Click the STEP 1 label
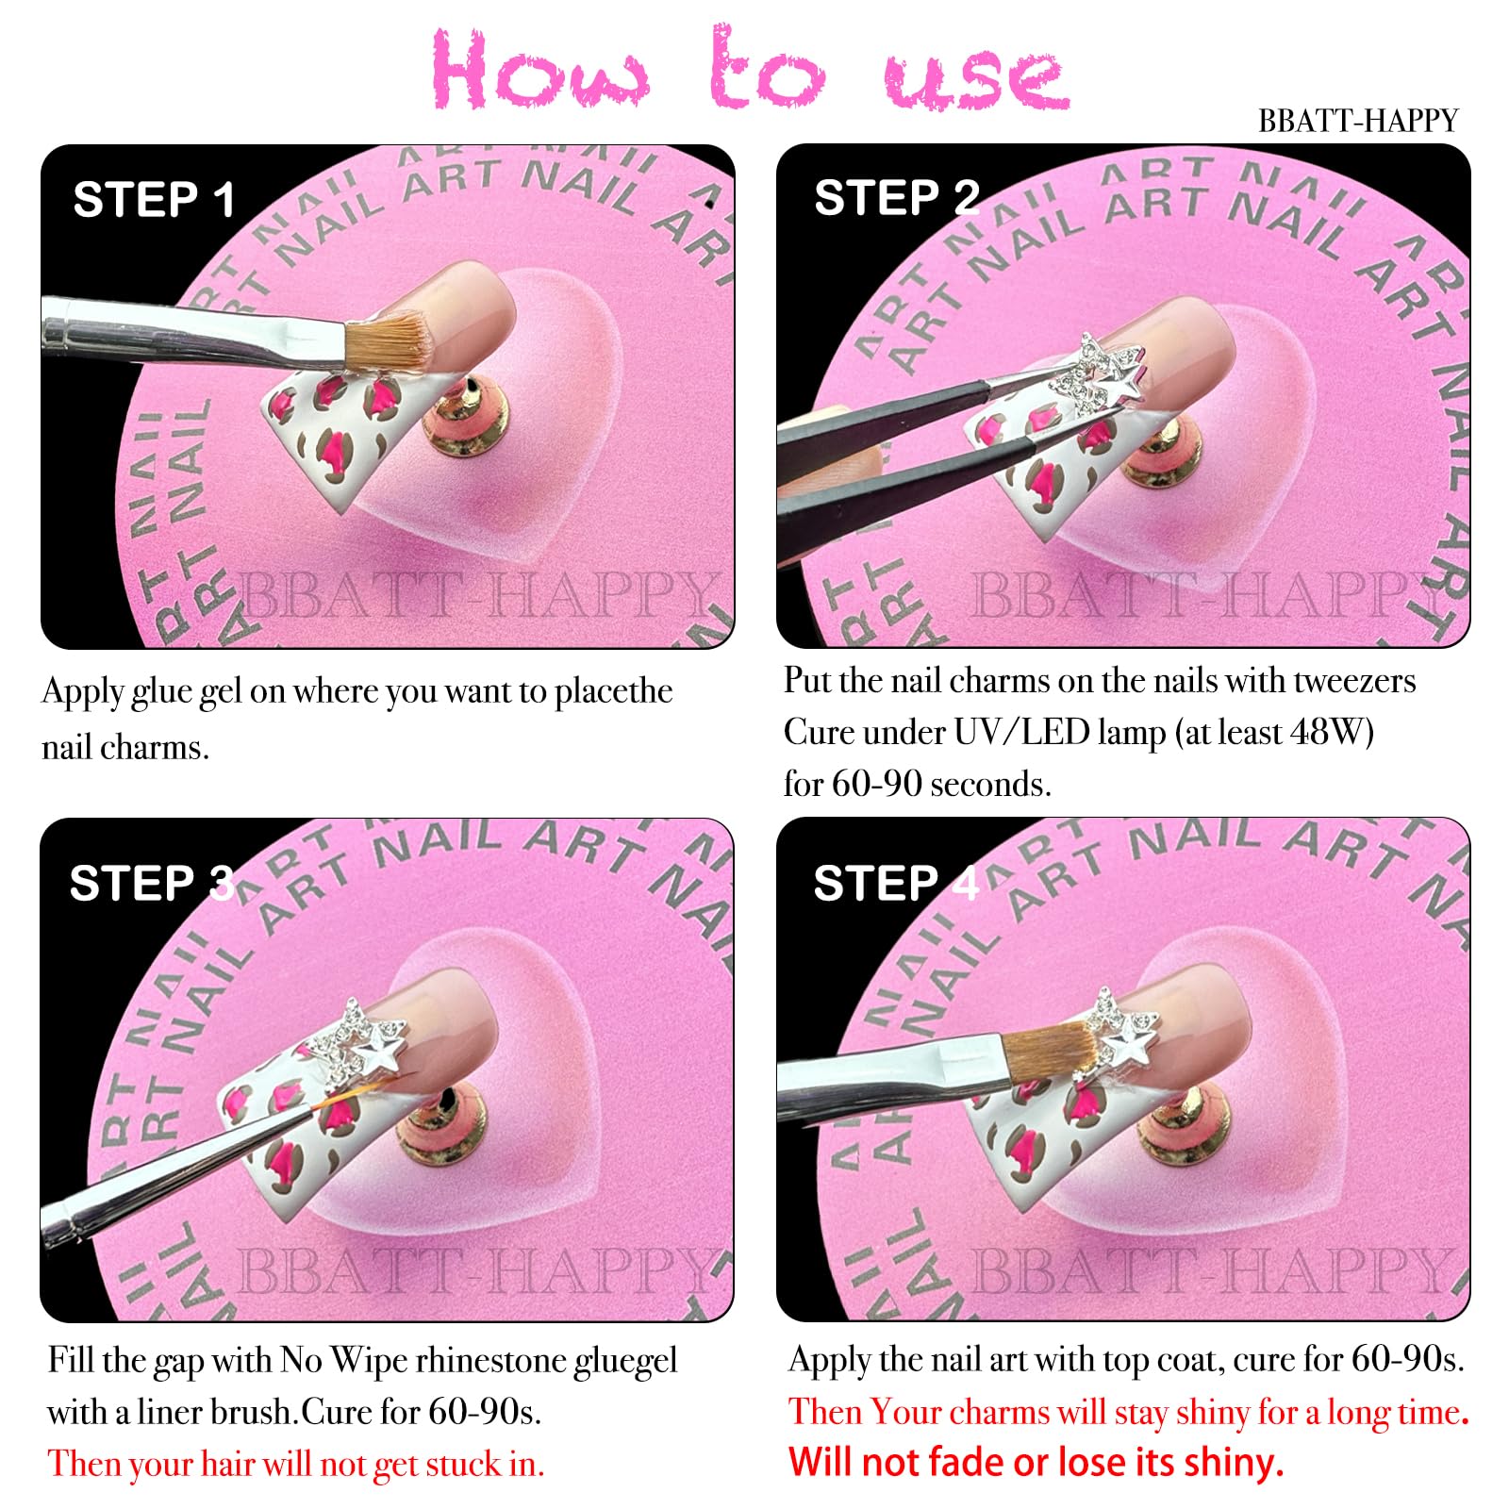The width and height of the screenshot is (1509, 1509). coord(154,200)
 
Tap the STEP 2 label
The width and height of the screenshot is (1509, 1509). coord(897,198)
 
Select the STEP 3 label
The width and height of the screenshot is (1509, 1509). coord(152,884)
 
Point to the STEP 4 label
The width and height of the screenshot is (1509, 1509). coord(897,884)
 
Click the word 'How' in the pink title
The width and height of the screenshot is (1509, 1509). coord(540,71)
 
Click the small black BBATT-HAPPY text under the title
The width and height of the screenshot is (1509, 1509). coord(1358,121)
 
